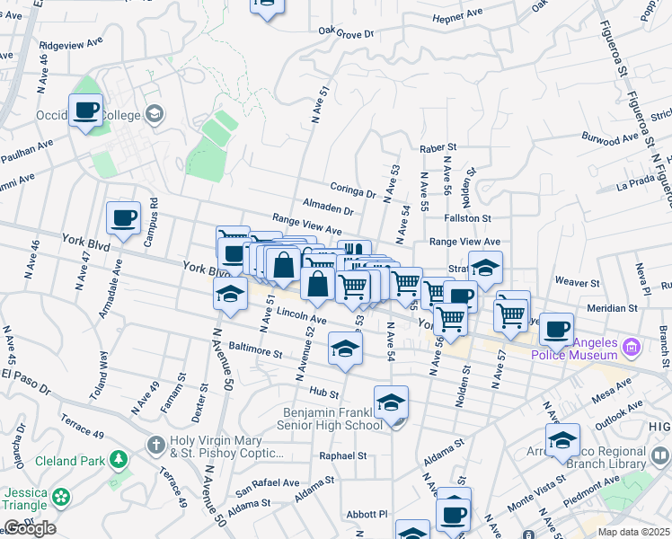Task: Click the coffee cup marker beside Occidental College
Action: (85, 110)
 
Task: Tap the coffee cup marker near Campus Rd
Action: (123, 217)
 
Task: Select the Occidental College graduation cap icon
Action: (155, 113)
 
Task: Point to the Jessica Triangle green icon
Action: (61, 496)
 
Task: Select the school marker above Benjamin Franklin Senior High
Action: (391, 402)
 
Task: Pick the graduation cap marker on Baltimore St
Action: (345, 349)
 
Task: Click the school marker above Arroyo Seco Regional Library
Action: (562, 440)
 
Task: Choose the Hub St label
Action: (323, 393)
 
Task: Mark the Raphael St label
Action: (343, 455)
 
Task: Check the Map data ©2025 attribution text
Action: (633, 532)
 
